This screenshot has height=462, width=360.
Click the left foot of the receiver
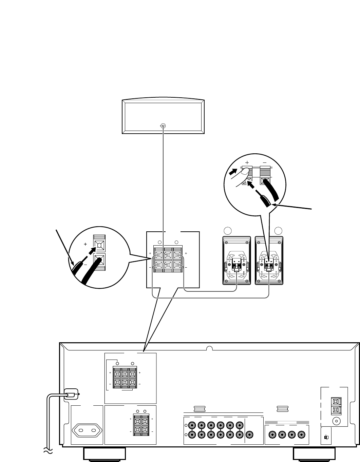point(105,454)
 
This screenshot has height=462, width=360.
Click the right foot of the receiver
point(314,454)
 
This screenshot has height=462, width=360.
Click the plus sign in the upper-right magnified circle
point(247,162)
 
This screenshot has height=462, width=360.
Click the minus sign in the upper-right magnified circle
point(265,162)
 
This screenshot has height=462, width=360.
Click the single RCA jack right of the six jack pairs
point(250,435)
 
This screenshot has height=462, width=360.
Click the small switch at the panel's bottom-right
point(326,438)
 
